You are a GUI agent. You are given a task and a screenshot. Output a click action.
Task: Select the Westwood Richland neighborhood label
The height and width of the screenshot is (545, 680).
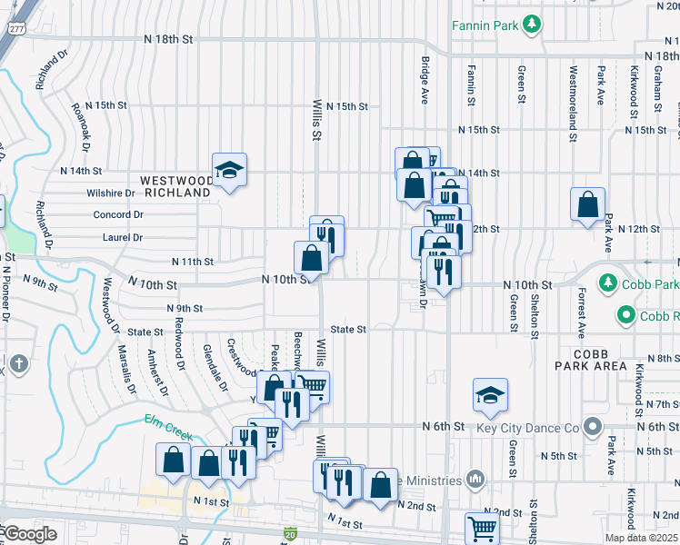176,187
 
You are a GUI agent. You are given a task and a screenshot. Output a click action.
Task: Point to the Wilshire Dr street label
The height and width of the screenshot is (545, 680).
111,193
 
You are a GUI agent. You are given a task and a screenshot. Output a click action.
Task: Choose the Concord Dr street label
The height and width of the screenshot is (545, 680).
118,215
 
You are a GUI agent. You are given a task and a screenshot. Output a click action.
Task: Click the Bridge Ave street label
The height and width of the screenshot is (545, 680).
425,80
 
